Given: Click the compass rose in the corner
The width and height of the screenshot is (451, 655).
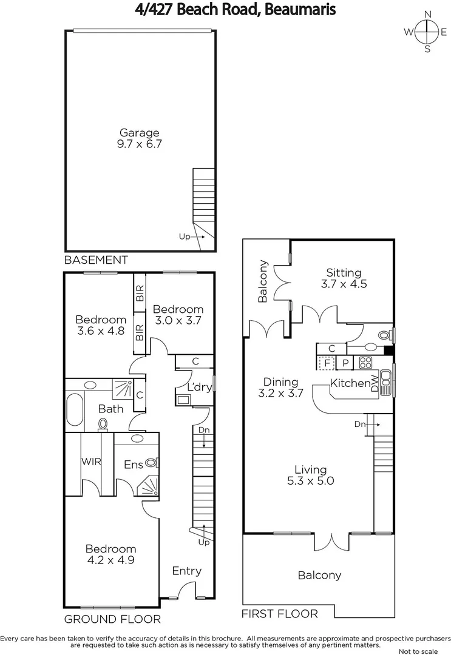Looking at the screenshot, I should coord(427,32).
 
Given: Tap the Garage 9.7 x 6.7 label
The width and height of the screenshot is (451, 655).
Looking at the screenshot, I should coord(139,138).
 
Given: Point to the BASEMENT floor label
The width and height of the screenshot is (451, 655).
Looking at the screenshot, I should coord(96,260).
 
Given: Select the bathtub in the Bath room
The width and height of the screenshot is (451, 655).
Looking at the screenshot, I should coord(75,410).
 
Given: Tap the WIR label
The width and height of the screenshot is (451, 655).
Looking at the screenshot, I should coord(91,461).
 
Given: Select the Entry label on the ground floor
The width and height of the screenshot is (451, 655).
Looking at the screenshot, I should coord(186,571).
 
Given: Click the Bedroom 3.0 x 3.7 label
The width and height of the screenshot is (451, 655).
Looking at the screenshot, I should coord(178,315).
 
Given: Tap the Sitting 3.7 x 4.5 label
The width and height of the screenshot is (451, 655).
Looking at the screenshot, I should coord(344,278).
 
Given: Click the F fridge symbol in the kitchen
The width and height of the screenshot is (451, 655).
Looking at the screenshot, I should coord(327,363).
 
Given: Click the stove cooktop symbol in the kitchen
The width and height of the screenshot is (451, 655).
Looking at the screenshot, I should coord(365,363).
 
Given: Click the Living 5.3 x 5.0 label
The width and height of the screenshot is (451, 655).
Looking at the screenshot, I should coord(310,475).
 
